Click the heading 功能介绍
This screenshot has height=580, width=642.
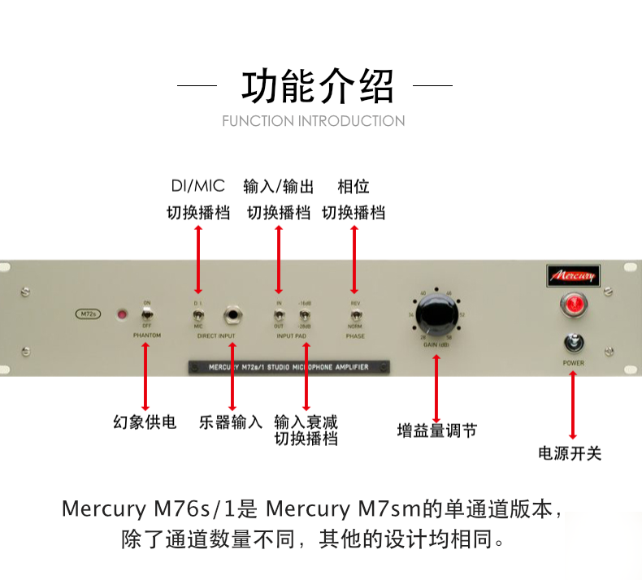pos(317,85)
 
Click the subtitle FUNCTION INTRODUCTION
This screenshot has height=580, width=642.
pos(314,121)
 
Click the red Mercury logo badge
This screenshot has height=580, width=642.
pos(573,275)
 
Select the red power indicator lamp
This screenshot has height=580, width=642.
pos(573,304)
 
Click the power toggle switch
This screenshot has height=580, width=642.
pos(573,342)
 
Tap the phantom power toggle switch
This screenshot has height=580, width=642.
pos(146,314)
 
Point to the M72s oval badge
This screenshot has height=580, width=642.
pos(87,314)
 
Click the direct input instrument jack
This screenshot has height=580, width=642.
pos(235,314)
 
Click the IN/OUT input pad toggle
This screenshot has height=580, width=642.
pos(279,314)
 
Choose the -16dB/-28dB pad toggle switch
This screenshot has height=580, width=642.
pos(306,314)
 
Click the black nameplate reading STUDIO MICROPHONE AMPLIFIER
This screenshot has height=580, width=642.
pos(289,367)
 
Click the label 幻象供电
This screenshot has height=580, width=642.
pos(145,422)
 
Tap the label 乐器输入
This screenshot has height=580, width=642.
pos(231,422)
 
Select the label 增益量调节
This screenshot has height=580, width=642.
pos(436,431)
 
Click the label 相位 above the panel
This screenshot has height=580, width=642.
pos(354,187)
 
